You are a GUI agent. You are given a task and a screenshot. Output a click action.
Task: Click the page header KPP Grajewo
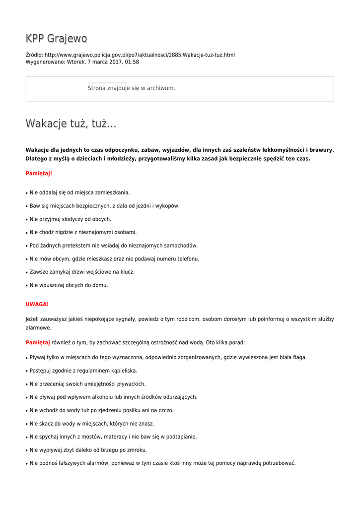point(56,39)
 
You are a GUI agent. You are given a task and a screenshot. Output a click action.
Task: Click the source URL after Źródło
point(140,55)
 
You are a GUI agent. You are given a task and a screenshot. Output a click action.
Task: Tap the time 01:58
point(132,62)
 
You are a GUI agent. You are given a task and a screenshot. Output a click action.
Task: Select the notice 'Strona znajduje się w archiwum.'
point(131,88)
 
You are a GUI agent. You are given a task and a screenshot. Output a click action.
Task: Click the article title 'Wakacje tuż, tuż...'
point(71,124)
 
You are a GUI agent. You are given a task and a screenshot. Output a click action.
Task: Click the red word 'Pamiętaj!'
point(39,174)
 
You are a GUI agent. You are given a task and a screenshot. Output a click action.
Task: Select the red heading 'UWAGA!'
point(37,304)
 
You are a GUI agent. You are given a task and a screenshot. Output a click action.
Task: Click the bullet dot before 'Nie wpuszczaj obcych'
point(27,286)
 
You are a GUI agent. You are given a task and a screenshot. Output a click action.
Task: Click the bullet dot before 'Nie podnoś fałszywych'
point(27,464)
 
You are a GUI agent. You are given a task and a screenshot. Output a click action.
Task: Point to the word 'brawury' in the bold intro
point(321,149)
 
